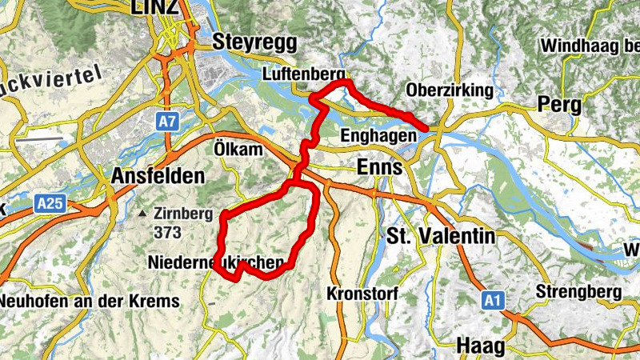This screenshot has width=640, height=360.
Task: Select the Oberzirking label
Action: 450,90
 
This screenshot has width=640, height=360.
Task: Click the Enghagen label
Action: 378,135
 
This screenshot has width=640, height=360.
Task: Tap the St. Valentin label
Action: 440,236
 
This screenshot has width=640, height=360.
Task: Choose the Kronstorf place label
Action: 362,294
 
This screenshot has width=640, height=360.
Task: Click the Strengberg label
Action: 579,291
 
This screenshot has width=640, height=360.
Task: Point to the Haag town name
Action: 480,346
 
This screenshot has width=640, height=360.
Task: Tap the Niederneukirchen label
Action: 216,262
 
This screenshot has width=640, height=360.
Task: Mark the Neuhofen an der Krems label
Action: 89,301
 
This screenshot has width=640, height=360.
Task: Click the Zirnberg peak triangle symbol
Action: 142,214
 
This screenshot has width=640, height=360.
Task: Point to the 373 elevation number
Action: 169,233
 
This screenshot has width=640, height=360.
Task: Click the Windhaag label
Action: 590,46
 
